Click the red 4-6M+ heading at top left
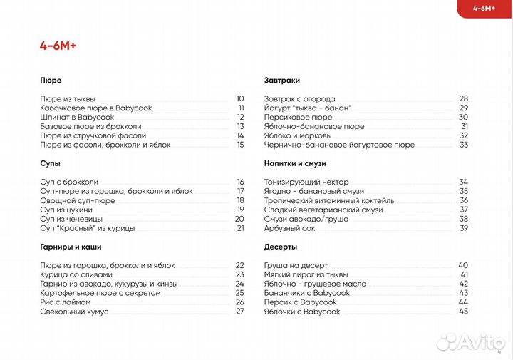click(x=58, y=46)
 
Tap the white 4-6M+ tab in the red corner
click(x=484, y=9)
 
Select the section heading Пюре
click(x=51, y=81)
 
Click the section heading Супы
click(x=50, y=164)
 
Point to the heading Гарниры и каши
click(x=71, y=247)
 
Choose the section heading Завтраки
click(x=281, y=81)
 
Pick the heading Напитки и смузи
click(x=296, y=164)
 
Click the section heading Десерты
click(x=279, y=247)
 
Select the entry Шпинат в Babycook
click(x=77, y=117)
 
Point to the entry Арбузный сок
click(x=289, y=228)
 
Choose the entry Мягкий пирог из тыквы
click(x=306, y=274)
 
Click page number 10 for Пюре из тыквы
click(x=240, y=98)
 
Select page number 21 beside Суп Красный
click(x=240, y=228)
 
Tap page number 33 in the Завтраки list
click(x=464, y=145)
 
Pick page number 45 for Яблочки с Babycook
click(x=464, y=312)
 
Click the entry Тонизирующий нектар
click(x=305, y=182)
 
